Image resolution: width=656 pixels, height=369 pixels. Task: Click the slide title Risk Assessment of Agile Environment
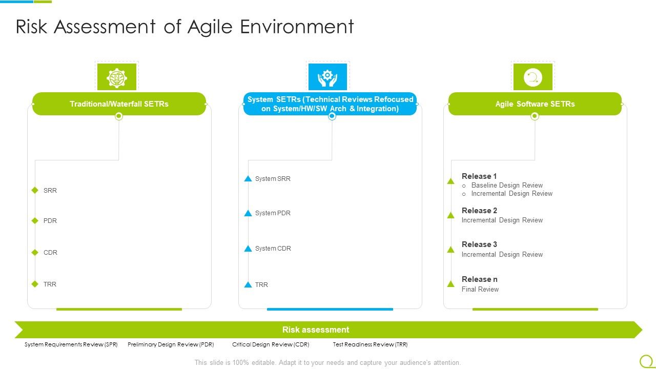(184, 27)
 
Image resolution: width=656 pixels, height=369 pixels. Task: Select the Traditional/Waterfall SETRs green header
(119, 104)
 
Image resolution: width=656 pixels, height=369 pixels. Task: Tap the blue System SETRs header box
(330, 104)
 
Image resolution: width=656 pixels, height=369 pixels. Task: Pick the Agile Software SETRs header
(535, 104)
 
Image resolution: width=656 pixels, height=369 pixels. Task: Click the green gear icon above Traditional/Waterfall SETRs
(117, 77)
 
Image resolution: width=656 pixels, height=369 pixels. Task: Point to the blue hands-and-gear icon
(327, 77)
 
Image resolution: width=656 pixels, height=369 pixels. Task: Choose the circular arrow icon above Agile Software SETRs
(533, 77)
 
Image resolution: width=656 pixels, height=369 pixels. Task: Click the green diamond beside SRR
(35, 190)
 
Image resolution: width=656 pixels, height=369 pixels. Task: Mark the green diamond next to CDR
(35, 252)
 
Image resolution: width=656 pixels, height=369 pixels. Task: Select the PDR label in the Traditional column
(50, 221)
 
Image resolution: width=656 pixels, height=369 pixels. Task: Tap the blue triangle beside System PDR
(248, 213)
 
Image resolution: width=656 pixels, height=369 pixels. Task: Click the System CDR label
(273, 249)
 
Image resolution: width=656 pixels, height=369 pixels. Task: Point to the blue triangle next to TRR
(248, 284)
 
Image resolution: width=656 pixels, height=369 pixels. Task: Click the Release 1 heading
(479, 176)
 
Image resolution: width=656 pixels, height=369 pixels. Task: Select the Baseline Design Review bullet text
(507, 186)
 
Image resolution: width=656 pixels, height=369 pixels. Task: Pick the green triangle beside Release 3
(450, 250)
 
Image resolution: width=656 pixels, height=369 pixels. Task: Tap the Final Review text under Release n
(480, 290)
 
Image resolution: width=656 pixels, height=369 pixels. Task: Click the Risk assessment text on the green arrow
(316, 330)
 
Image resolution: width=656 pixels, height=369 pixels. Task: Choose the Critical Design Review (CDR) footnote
(271, 344)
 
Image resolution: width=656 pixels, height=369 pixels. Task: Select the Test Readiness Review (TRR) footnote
(370, 344)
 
